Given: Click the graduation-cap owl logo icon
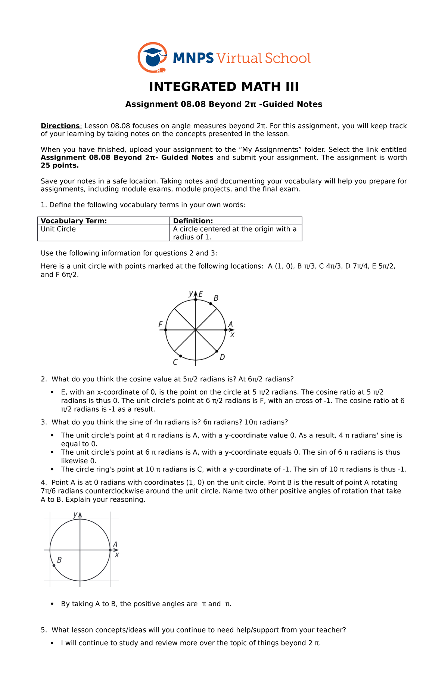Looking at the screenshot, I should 152,57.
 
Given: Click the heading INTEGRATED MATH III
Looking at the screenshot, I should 224,87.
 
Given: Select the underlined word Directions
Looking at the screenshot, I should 60,126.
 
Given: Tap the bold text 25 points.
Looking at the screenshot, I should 60,165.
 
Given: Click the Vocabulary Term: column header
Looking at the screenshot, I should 74,221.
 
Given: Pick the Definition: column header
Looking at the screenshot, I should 193,221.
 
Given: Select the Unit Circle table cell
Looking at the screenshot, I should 58,229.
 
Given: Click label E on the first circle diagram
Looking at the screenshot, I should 201,294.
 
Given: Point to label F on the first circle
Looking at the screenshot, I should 161,324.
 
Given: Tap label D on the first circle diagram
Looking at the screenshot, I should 222,358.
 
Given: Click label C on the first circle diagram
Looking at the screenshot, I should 175,362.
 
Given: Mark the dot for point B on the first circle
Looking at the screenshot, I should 211,304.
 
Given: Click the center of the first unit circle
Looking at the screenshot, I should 196,330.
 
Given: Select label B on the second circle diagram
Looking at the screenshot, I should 59,560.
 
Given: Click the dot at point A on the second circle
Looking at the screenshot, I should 110,550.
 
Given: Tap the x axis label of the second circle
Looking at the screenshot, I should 117,555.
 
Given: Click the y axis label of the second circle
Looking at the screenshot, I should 75,514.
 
